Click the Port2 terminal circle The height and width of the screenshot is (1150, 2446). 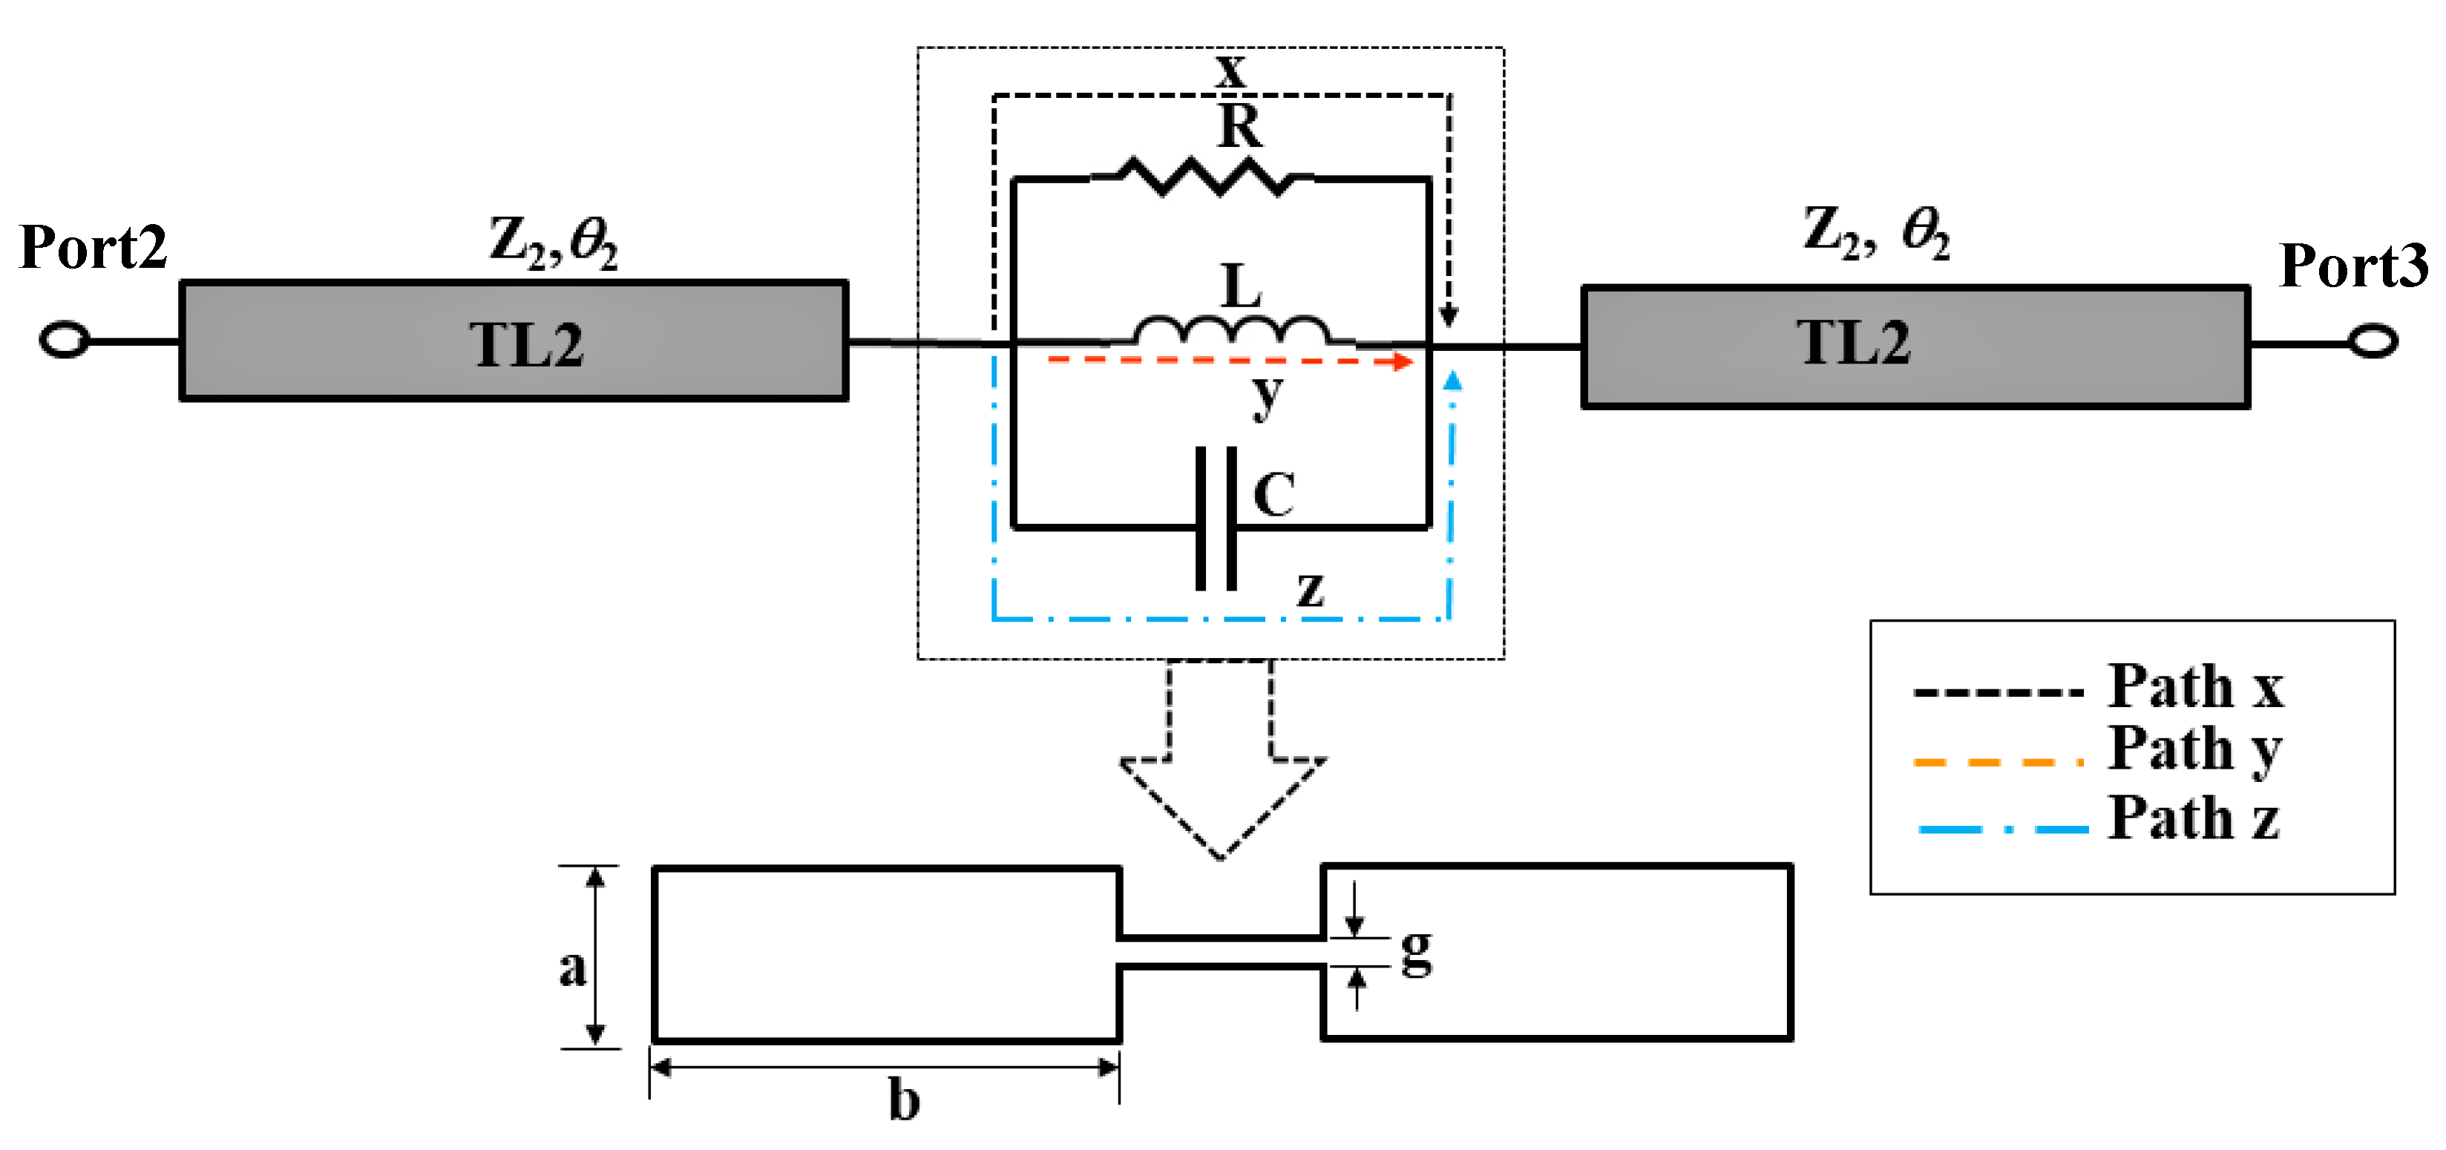(65, 340)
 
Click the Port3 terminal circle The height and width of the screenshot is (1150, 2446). (2374, 340)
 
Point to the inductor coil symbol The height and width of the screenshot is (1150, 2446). (1232, 330)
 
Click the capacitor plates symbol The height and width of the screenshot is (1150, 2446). (1216, 519)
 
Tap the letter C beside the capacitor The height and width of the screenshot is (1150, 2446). (1274, 494)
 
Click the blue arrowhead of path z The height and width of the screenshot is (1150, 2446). (1452, 381)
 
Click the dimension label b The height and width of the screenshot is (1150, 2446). (903, 1100)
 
